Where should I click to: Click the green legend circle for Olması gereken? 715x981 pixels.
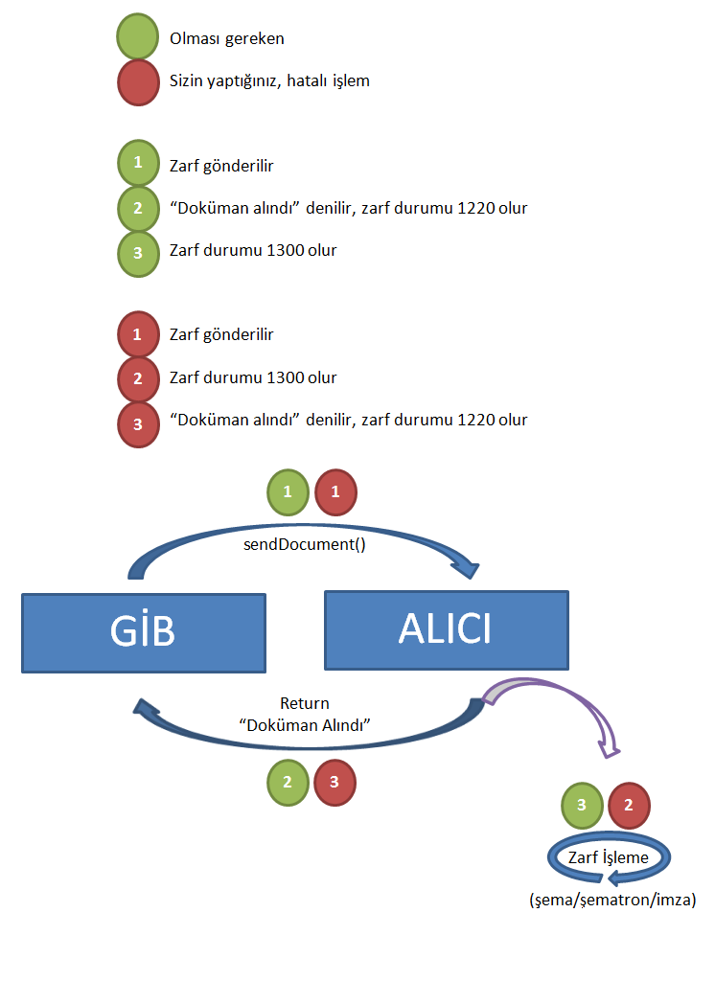pos(138,39)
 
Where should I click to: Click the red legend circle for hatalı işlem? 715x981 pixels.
pos(138,81)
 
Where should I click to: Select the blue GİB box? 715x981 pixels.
pos(144,632)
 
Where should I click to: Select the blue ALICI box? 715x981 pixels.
pos(447,629)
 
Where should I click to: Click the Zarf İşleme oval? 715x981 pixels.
pos(609,858)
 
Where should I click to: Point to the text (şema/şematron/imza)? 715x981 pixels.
pos(612,901)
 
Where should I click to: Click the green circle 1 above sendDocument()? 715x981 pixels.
pos(288,492)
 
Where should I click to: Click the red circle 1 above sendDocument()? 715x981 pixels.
pos(335,492)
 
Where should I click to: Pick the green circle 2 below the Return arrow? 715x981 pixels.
pos(288,782)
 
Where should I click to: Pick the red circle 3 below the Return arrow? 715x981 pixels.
pos(334,782)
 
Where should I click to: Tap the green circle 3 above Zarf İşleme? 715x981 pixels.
pos(581,805)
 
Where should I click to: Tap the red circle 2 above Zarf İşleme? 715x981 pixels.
pos(629,805)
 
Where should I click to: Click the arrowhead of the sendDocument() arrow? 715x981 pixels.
pos(467,569)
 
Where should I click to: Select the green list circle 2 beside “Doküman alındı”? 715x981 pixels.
pos(138,208)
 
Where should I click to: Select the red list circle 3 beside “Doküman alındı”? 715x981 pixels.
pos(138,421)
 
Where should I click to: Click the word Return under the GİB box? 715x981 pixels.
pos(305,704)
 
